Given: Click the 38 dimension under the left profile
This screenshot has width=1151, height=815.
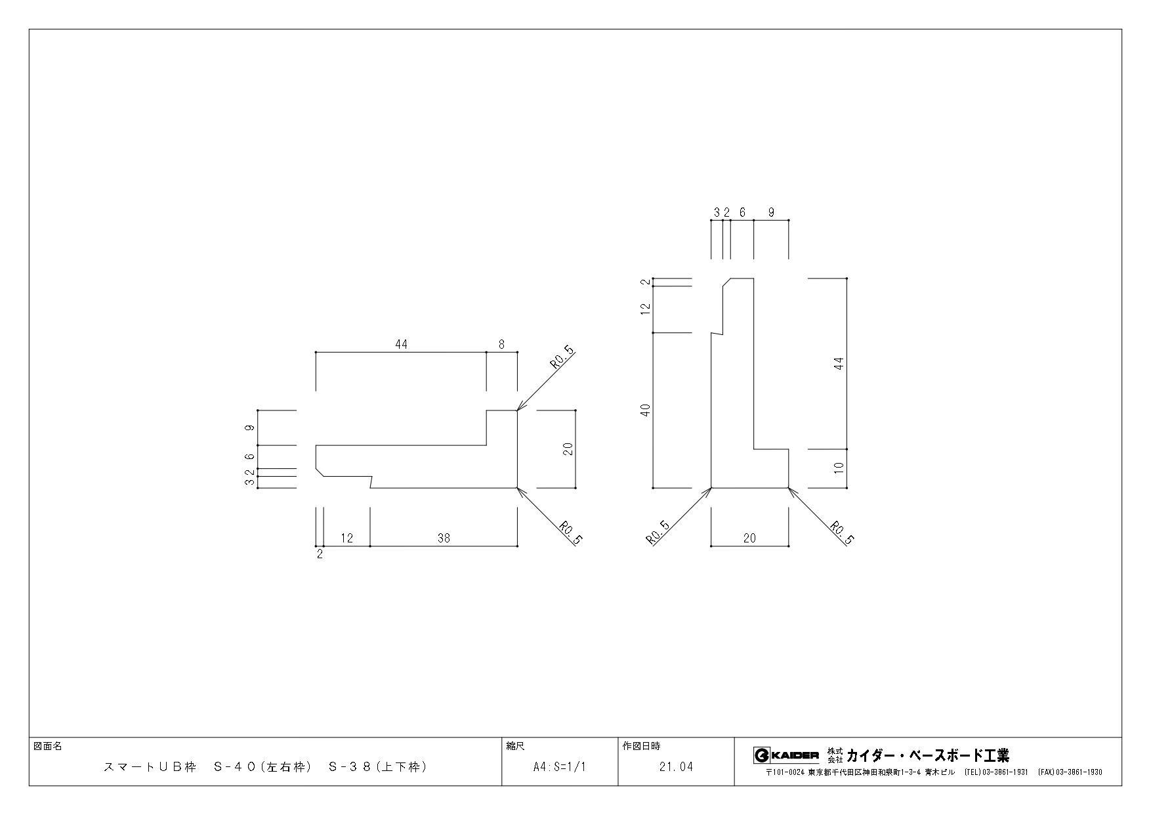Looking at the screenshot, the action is point(444,538).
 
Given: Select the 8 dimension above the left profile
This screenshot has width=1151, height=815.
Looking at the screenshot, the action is point(502,344).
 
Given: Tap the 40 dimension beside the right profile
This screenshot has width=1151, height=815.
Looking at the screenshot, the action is point(646,410).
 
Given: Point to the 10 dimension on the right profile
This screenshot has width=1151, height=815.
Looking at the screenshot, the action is point(839,468).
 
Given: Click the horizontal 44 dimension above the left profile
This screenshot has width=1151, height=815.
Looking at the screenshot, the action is point(402,344).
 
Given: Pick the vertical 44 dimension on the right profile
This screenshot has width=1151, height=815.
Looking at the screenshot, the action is point(839,364).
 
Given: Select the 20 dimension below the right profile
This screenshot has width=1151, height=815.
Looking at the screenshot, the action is point(749,538).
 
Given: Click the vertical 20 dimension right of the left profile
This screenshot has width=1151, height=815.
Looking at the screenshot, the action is point(568,449).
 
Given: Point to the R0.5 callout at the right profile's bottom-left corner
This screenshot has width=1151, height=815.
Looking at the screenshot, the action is point(658,533).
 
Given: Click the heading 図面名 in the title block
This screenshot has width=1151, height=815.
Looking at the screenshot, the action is point(47,746).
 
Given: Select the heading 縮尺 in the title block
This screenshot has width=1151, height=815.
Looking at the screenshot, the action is point(515,746).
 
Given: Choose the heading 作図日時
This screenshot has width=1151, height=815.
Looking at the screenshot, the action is point(641,746).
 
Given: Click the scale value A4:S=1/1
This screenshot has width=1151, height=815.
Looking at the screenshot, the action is point(559,766).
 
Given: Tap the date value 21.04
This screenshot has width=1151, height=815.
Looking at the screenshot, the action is point(676,766).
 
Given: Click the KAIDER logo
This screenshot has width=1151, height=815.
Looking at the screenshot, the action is point(786,755).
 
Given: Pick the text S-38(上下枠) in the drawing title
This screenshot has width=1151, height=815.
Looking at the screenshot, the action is point(377,766).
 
